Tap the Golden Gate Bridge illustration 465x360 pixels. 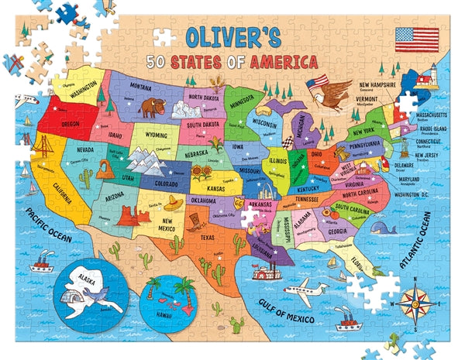tap(43, 147)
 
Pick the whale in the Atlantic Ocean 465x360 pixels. tap(382, 228)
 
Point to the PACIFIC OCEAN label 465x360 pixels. tap(44, 228)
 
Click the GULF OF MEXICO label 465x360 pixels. tap(290, 310)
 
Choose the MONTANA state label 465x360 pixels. tap(140, 87)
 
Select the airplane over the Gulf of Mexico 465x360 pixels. tap(305, 292)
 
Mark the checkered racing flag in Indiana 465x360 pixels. tap(288, 142)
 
